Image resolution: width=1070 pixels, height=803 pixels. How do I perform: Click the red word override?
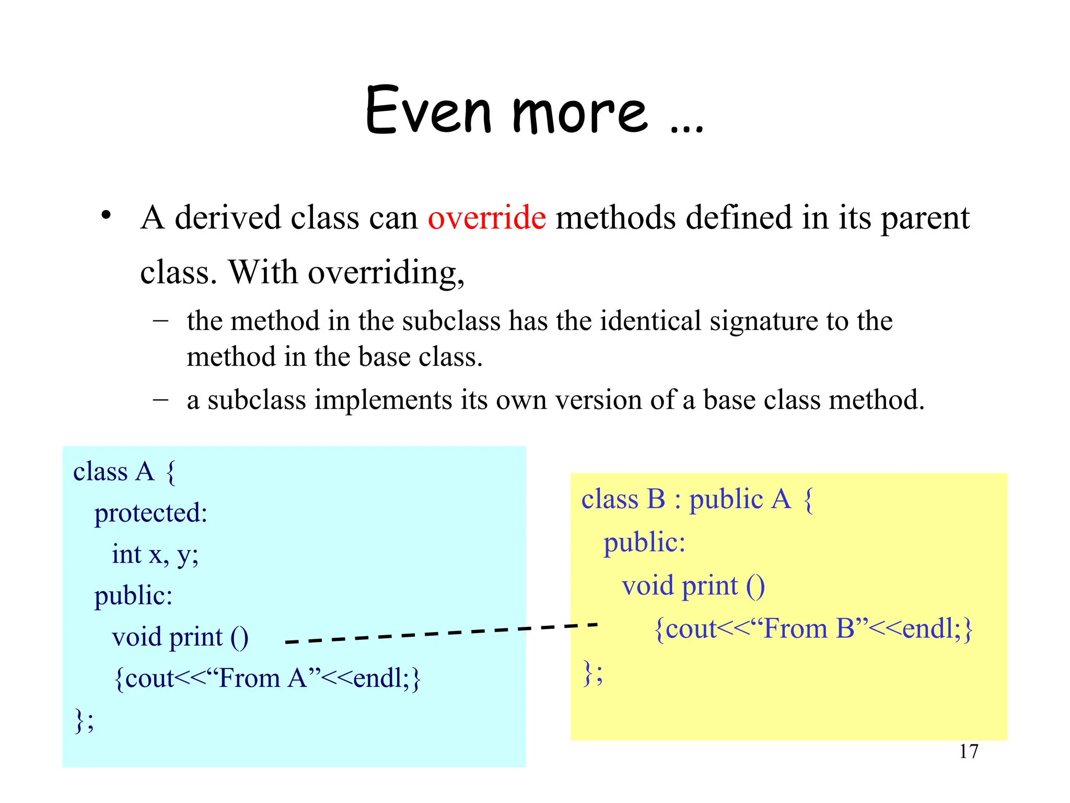486,217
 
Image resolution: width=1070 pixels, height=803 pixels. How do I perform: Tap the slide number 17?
968,751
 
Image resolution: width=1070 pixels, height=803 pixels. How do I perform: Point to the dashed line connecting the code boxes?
441,633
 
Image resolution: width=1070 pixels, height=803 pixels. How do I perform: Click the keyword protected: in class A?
150,513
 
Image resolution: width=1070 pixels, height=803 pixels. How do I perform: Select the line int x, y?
155,555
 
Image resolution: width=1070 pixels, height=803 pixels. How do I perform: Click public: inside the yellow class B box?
644,542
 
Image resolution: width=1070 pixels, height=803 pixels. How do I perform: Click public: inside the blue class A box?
133,596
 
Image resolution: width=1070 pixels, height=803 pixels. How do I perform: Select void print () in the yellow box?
693,586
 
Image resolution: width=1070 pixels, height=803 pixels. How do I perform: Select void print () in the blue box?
180,637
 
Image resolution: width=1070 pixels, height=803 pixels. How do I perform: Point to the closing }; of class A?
84,720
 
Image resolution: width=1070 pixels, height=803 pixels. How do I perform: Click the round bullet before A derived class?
106,215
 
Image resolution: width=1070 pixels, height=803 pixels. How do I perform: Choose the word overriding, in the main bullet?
386,273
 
